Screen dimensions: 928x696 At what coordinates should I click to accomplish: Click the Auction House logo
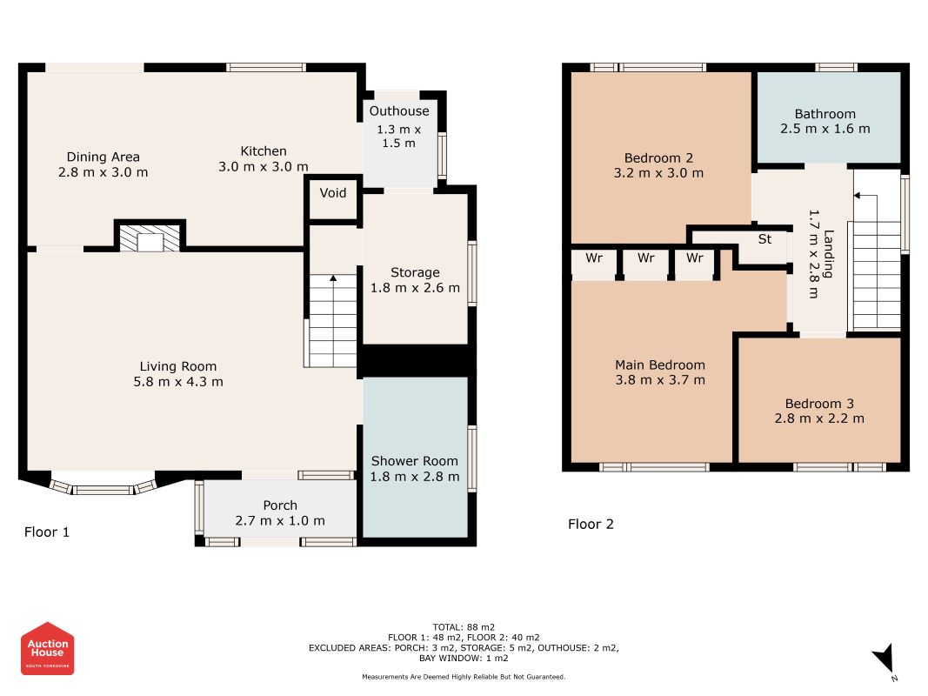(47, 648)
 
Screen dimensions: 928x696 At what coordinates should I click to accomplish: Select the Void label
(332, 193)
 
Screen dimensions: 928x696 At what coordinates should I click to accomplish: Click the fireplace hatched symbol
(150, 238)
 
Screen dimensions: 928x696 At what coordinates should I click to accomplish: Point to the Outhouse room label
(399, 111)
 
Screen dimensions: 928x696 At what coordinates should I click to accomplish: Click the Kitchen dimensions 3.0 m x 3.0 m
(264, 167)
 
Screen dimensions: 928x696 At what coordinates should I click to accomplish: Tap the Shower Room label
(414, 461)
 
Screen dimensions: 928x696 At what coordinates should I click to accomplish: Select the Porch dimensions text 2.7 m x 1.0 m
(280, 521)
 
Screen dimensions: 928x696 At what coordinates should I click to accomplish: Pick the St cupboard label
(764, 239)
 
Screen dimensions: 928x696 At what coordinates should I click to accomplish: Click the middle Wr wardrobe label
(645, 258)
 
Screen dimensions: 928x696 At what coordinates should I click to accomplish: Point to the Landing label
(829, 254)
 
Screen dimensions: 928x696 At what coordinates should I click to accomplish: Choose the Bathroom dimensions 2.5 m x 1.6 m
(825, 129)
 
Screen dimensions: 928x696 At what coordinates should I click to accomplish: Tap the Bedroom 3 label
(819, 404)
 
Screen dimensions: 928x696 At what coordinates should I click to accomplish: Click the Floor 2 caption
(591, 525)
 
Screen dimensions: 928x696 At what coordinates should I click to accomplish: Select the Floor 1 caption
(47, 532)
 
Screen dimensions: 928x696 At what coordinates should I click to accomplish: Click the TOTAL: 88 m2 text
(464, 627)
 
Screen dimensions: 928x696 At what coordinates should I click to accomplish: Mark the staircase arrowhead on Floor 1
(333, 278)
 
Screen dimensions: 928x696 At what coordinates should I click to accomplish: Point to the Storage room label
(415, 273)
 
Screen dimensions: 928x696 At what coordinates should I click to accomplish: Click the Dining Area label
(103, 157)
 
